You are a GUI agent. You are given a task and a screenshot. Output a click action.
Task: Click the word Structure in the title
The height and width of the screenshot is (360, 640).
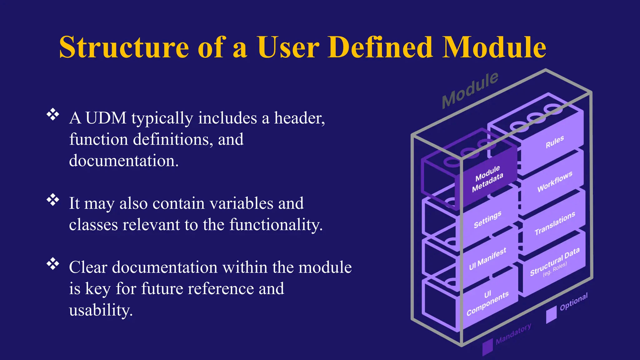click(124, 47)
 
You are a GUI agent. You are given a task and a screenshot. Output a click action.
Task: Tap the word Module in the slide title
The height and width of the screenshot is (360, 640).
click(494, 47)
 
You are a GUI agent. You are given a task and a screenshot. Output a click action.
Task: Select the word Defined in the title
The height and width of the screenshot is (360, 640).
click(380, 47)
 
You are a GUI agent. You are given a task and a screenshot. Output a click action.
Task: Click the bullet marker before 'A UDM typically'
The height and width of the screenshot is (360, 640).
click(53, 114)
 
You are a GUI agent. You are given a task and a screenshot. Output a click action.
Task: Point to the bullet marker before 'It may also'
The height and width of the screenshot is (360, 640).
click(53, 200)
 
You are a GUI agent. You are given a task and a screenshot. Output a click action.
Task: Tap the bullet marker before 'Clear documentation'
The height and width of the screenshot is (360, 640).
click(53, 264)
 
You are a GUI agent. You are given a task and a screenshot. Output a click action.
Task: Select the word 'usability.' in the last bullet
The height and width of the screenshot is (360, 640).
click(101, 310)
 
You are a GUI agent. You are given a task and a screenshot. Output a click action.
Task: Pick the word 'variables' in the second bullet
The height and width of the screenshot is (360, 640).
click(241, 203)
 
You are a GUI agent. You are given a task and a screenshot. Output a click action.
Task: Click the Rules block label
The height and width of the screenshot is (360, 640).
click(555, 142)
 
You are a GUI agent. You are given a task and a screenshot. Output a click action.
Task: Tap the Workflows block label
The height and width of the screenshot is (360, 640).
click(555, 181)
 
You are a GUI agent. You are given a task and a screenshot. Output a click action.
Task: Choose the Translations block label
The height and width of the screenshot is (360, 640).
click(555, 223)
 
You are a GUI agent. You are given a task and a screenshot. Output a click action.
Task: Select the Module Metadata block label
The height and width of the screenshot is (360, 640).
click(487, 179)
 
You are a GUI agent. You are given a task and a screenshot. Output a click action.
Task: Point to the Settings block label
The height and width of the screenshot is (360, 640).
click(487, 219)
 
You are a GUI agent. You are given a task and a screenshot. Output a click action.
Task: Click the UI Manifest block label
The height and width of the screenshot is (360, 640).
click(487, 259)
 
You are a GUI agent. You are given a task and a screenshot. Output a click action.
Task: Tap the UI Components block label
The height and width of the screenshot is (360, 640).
click(487, 303)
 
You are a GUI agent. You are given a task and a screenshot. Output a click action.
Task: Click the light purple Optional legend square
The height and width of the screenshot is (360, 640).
click(551, 314)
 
